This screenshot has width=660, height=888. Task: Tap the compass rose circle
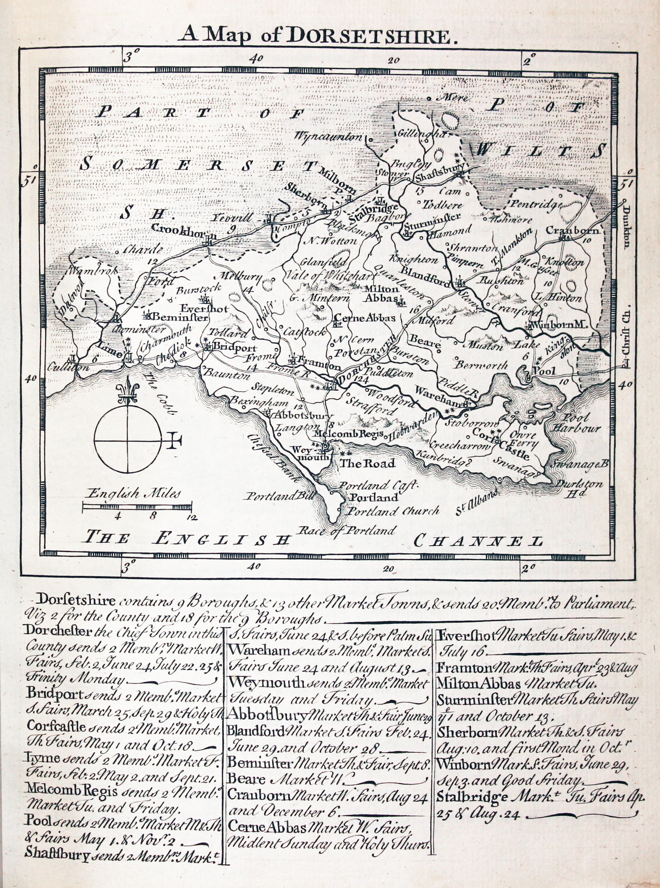click(x=127, y=440)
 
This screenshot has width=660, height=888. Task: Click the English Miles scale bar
click(x=137, y=506)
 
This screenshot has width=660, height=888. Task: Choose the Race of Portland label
click(x=347, y=531)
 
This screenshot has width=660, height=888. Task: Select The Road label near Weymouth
click(x=367, y=463)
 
